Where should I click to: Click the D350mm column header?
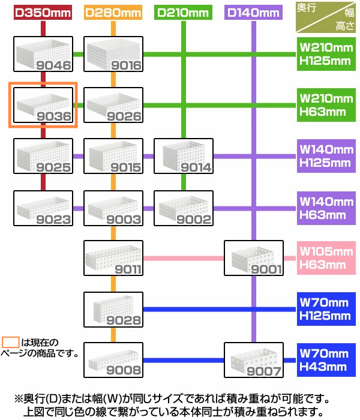coord(43,13)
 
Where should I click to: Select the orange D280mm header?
coord(113,13)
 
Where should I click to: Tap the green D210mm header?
coord(183,13)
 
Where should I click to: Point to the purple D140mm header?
coord(253,13)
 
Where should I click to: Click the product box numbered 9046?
coord(43,55)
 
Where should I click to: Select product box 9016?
coord(113,55)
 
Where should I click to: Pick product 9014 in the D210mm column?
coord(184,156)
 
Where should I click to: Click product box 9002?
coord(184,208)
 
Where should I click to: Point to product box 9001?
coord(253,258)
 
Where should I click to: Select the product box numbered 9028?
coord(113,310)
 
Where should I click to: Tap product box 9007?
coord(253,361)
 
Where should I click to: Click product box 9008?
coord(113,361)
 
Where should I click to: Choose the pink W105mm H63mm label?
coord(326,258)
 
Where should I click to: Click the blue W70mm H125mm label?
coord(326,310)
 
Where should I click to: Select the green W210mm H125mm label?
coord(326,53)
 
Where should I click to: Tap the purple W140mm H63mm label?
coord(326,208)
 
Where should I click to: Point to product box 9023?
coord(43,208)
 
